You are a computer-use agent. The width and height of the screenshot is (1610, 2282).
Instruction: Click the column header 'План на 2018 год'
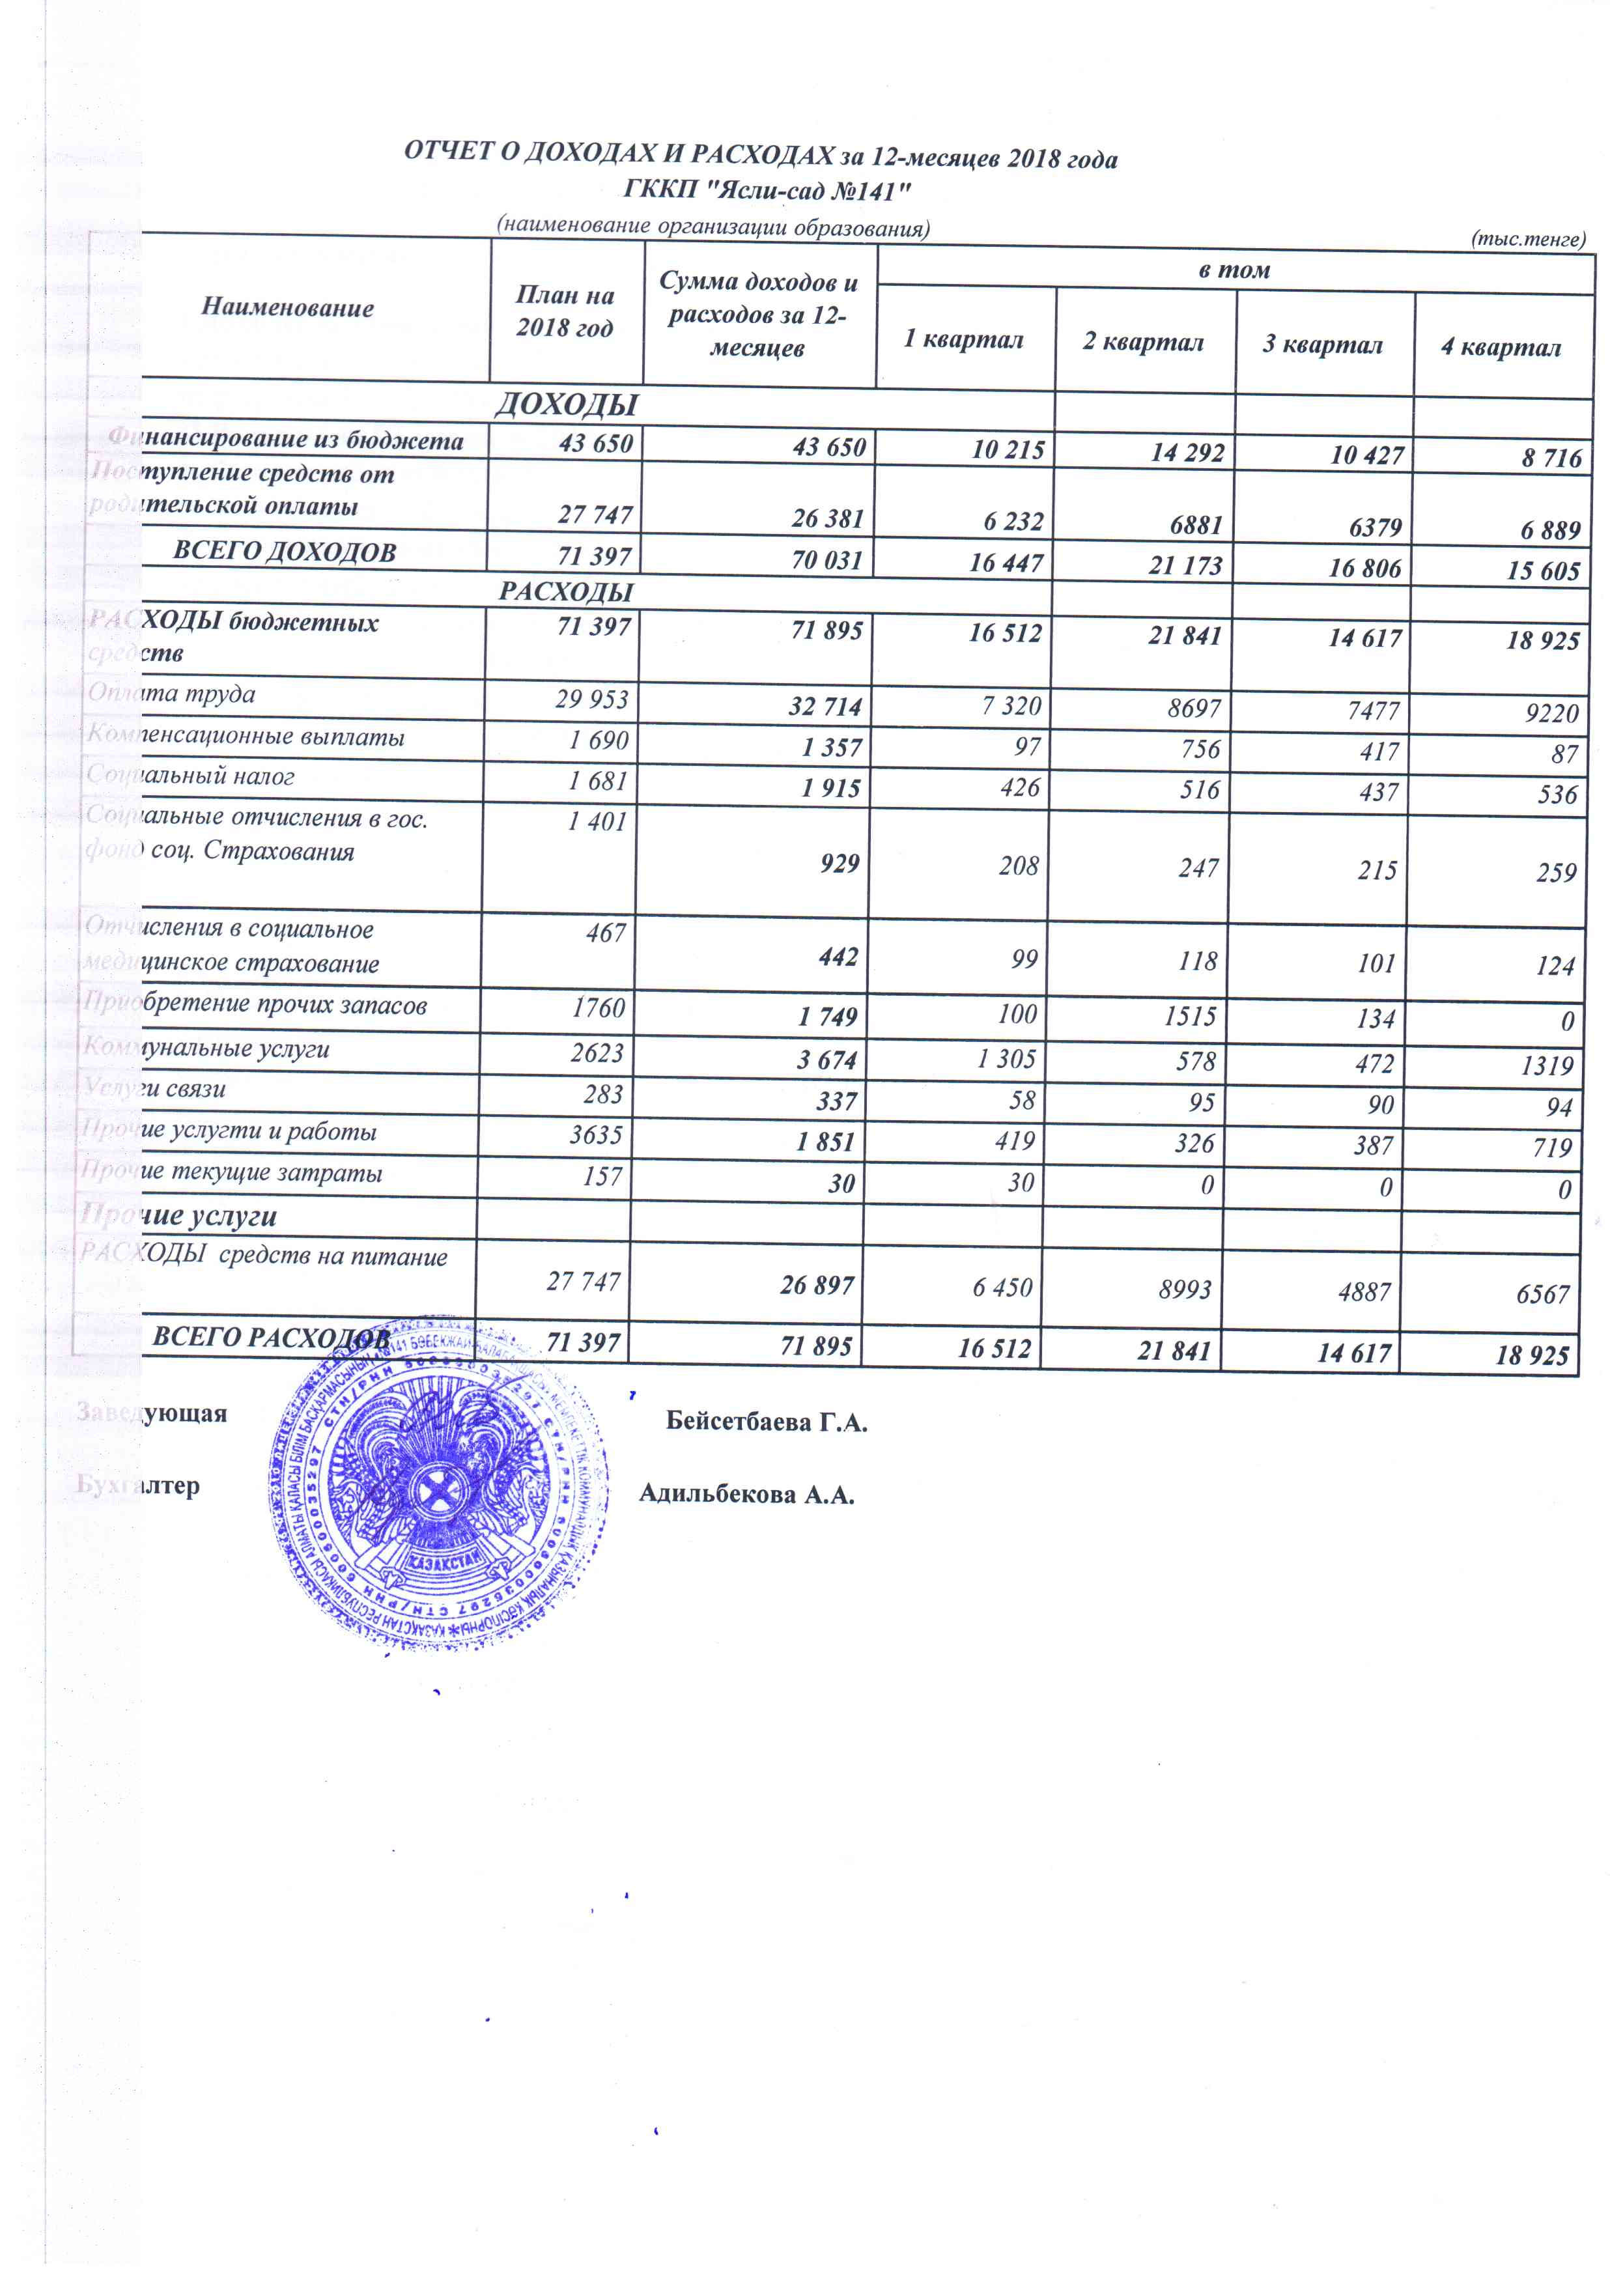point(565,311)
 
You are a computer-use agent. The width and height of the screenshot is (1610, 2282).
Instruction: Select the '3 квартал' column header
point(1323,344)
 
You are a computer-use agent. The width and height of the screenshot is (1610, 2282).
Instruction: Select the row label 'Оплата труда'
point(171,694)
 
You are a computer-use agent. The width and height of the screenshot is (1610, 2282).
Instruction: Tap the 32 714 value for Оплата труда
point(825,707)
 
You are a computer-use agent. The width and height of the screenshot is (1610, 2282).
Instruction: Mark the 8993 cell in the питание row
point(1185,1289)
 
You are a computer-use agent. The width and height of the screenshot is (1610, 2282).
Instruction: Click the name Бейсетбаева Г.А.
point(766,1422)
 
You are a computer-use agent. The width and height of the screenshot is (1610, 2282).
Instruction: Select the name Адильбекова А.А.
point(746,1494)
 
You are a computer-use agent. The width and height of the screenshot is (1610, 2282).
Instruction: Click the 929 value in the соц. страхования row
point(839,863)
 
